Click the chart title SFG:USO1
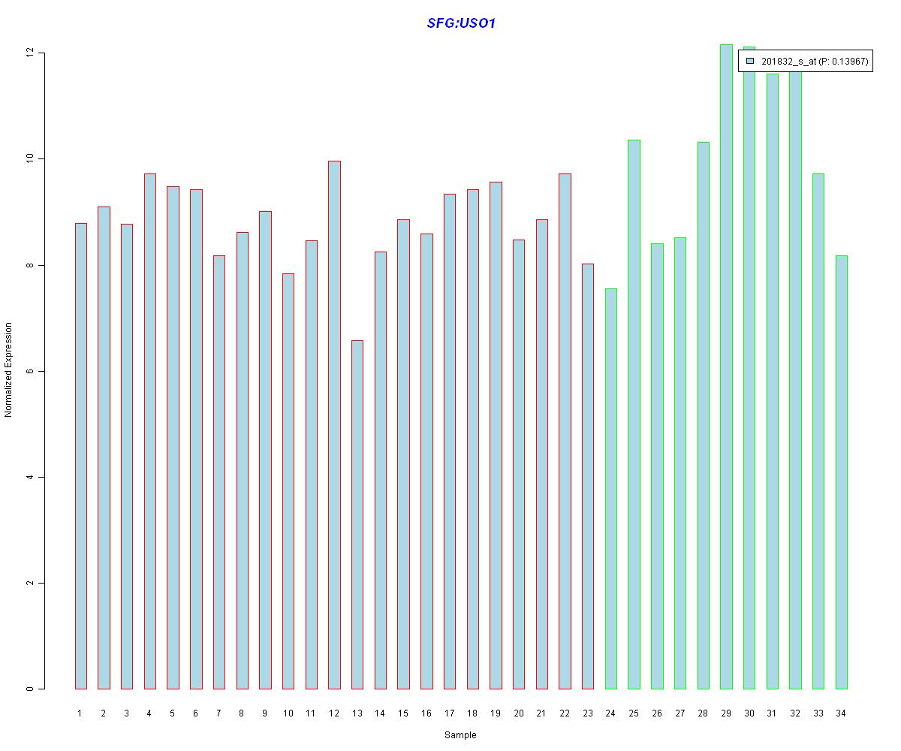click(461, 23)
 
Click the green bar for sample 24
click(610, 488)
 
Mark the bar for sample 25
click(634, 414)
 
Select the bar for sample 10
click(288, 481)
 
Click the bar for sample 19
click(496, 435)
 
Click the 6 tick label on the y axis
click(30, 372)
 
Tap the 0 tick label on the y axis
click(30, 689)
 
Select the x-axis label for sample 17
click(449, 713)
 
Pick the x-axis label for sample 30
click(749, 713)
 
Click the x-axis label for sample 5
click(173, 713)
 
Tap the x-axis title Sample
click(460, 735)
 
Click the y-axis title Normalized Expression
click(9, 369)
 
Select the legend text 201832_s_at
click(788, 62)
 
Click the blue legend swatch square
click(750, 61)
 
